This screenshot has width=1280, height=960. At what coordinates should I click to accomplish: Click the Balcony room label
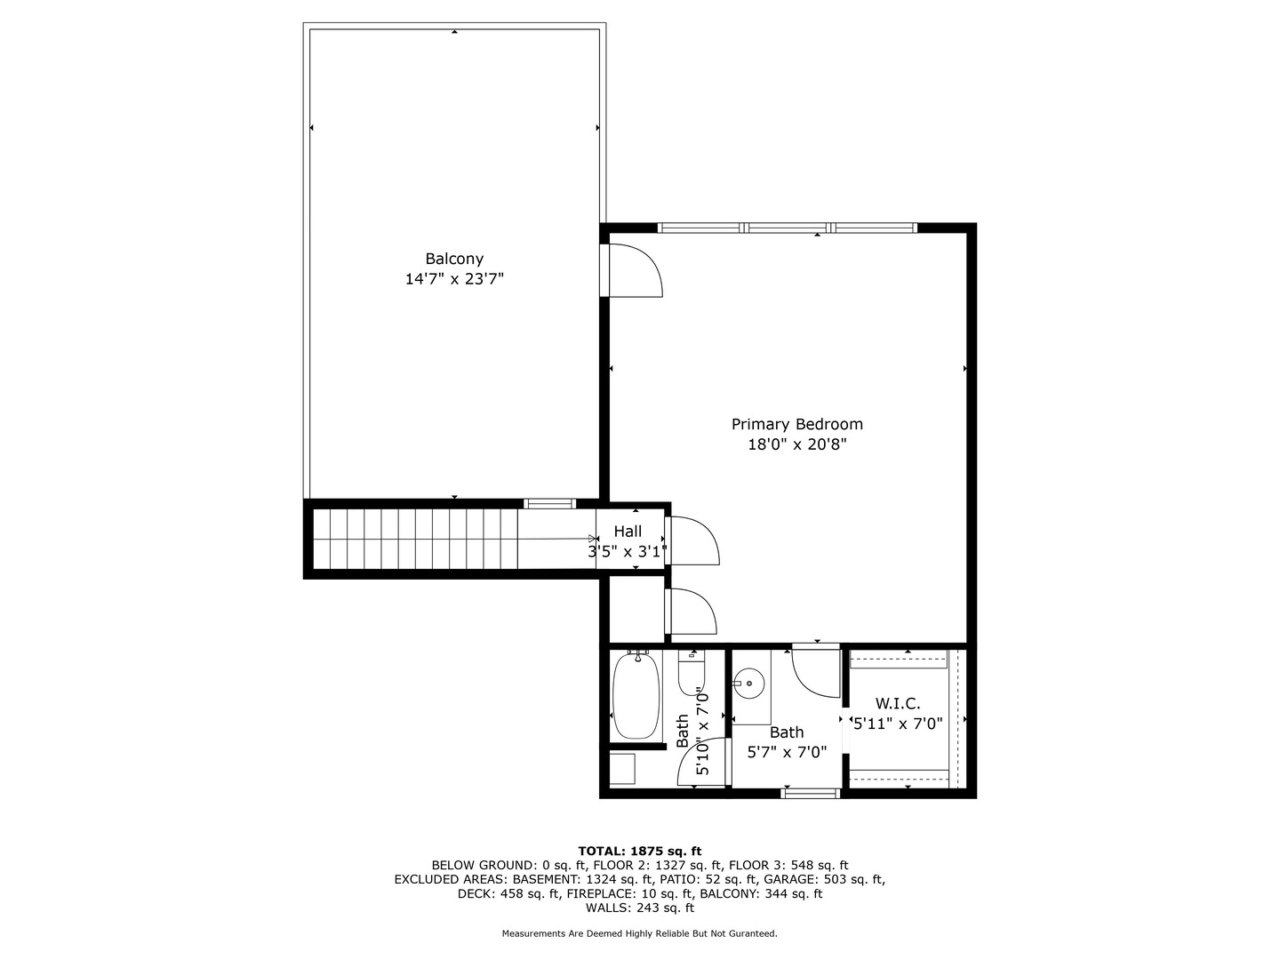click(454, 259)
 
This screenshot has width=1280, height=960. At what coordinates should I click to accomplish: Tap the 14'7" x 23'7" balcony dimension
click(454, 279)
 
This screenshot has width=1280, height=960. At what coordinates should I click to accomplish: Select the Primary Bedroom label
click(796, 424)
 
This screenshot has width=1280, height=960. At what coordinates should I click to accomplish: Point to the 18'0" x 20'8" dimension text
click(796, 444)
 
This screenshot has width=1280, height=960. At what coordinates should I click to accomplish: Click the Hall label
click(628, 532)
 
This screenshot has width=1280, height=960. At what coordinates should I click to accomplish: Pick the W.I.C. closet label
click(898, 704)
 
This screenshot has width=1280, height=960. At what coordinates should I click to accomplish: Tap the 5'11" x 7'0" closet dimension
click(898, 724)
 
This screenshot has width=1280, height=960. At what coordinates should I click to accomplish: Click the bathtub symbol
click(636, 696)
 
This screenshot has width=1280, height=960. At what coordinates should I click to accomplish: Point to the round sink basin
click(748, 684)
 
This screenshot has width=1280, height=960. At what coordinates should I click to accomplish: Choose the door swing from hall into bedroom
click(693, 540)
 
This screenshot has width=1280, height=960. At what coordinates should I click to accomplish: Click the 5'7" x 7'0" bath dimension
click(787, 752)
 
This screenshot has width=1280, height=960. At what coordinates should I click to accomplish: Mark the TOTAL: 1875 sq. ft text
click(639, 851)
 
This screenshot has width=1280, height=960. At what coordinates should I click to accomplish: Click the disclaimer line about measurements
click(639, 933)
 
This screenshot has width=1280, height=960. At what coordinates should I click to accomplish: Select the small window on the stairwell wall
click(549, 504)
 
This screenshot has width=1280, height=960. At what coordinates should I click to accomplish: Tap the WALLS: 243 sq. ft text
click(639, 908)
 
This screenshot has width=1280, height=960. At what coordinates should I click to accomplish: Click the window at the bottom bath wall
click(810, 793)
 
